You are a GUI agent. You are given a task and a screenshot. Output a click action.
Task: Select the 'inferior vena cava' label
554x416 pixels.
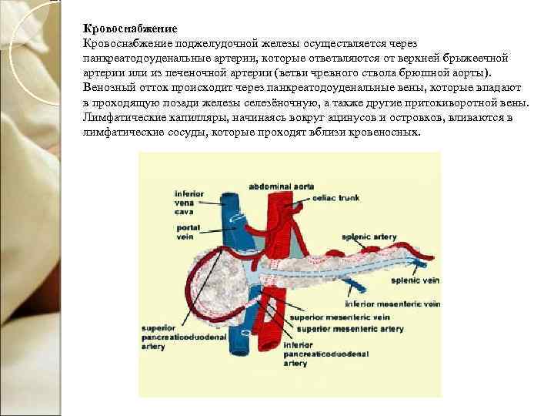[x=189, y=201]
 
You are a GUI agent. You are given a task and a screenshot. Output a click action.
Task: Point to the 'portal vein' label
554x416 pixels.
[x=188, y=233]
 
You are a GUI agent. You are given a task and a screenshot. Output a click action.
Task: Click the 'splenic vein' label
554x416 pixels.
[x=412, y=281]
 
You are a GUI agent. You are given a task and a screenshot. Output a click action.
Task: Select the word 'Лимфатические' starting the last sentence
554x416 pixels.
[x=120, y=118]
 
